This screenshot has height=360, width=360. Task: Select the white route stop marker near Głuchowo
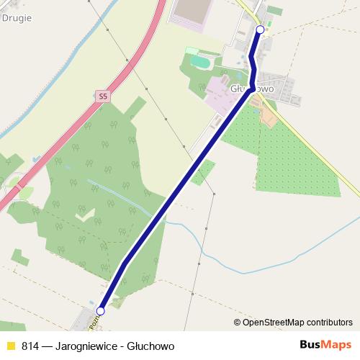tap(261, 30)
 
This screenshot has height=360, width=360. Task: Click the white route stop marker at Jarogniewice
tap(101, 311)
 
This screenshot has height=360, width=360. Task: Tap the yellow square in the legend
tap(11, 346)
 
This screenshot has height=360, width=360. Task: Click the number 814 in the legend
tap(30, 346)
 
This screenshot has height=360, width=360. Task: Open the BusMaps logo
tap(326, 345)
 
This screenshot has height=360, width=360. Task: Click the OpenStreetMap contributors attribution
tap(297, 322)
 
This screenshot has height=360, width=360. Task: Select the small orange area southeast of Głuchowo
tap(269, 115)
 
